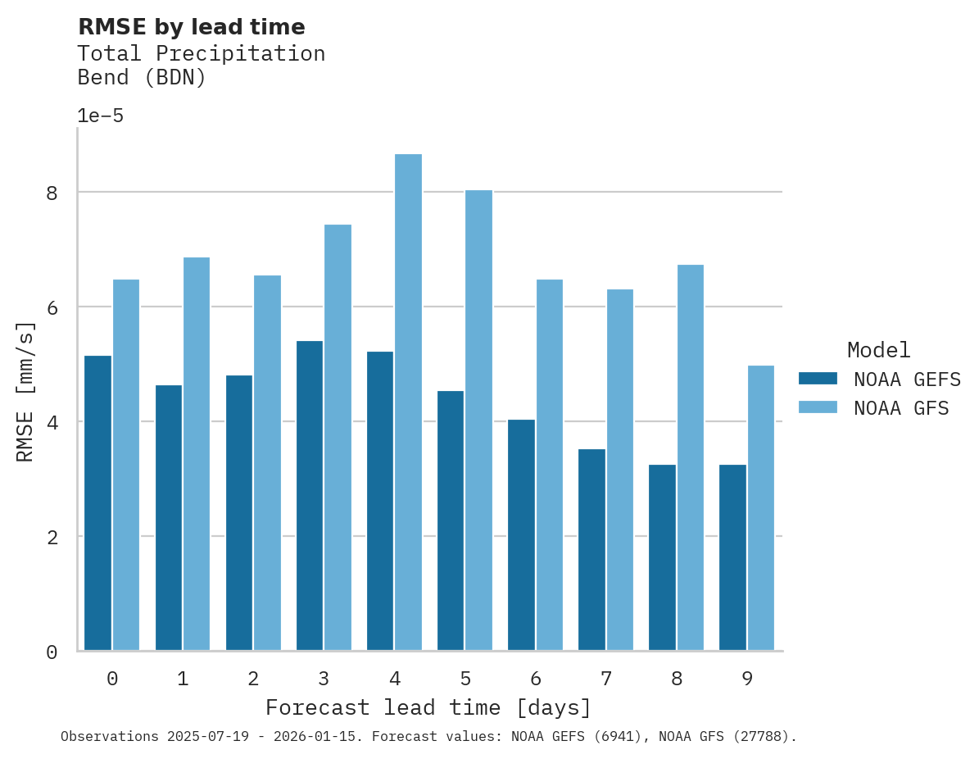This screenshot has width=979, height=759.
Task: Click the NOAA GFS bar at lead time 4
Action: point(408,402)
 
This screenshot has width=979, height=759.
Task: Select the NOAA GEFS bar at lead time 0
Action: point(97,502)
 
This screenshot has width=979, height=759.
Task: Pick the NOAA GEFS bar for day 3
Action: point(309,495)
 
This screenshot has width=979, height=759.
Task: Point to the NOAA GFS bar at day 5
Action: point(478,420)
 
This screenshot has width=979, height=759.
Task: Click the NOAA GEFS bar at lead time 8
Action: point(662,557)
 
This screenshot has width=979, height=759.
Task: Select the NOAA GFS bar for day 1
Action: point(197,453)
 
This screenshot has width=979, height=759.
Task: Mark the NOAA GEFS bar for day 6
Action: point(521,534)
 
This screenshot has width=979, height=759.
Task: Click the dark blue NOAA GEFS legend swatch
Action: point(818,379)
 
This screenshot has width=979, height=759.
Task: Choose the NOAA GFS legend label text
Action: point(901,408)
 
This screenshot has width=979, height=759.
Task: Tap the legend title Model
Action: point(878,351)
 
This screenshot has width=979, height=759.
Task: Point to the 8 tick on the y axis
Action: point(52,193)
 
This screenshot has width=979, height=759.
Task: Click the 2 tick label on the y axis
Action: point(52,538)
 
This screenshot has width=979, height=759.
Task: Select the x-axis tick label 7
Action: point(605,679)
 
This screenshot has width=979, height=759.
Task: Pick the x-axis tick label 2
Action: point(253,679)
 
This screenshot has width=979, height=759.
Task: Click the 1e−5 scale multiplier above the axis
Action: point(100,116)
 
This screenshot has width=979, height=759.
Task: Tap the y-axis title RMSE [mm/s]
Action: point(25,392)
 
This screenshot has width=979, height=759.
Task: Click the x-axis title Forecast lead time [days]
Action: point(428,707)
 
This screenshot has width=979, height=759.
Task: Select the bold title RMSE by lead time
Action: point(191,27)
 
